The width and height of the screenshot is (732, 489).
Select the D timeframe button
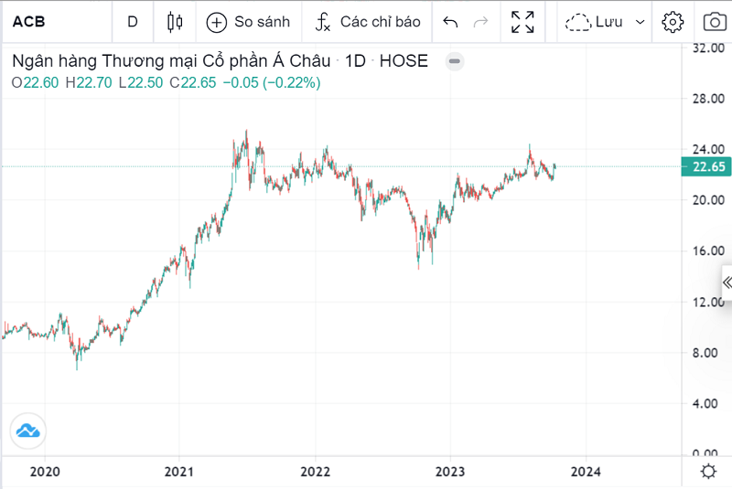pos(134,22)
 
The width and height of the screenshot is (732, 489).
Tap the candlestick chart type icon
pos(176,22)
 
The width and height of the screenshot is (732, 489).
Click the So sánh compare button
pos(248,22)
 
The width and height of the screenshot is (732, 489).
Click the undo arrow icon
pos(450,22)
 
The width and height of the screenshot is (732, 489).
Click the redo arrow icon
pos(480,22)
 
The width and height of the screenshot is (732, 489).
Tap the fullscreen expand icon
pos(522,22)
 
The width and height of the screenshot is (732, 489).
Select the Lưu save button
pos(605,22)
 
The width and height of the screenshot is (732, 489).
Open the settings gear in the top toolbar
pos(673,22)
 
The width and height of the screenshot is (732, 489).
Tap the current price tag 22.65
pos(705,166)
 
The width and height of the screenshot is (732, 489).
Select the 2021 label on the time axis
pos(179,472)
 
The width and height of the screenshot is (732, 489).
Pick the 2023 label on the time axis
pos(450,472)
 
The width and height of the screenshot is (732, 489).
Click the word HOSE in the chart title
pos(404,62)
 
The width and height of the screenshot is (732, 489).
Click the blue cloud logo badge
pos(27,430)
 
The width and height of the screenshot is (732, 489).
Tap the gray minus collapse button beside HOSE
pos(455,62)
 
